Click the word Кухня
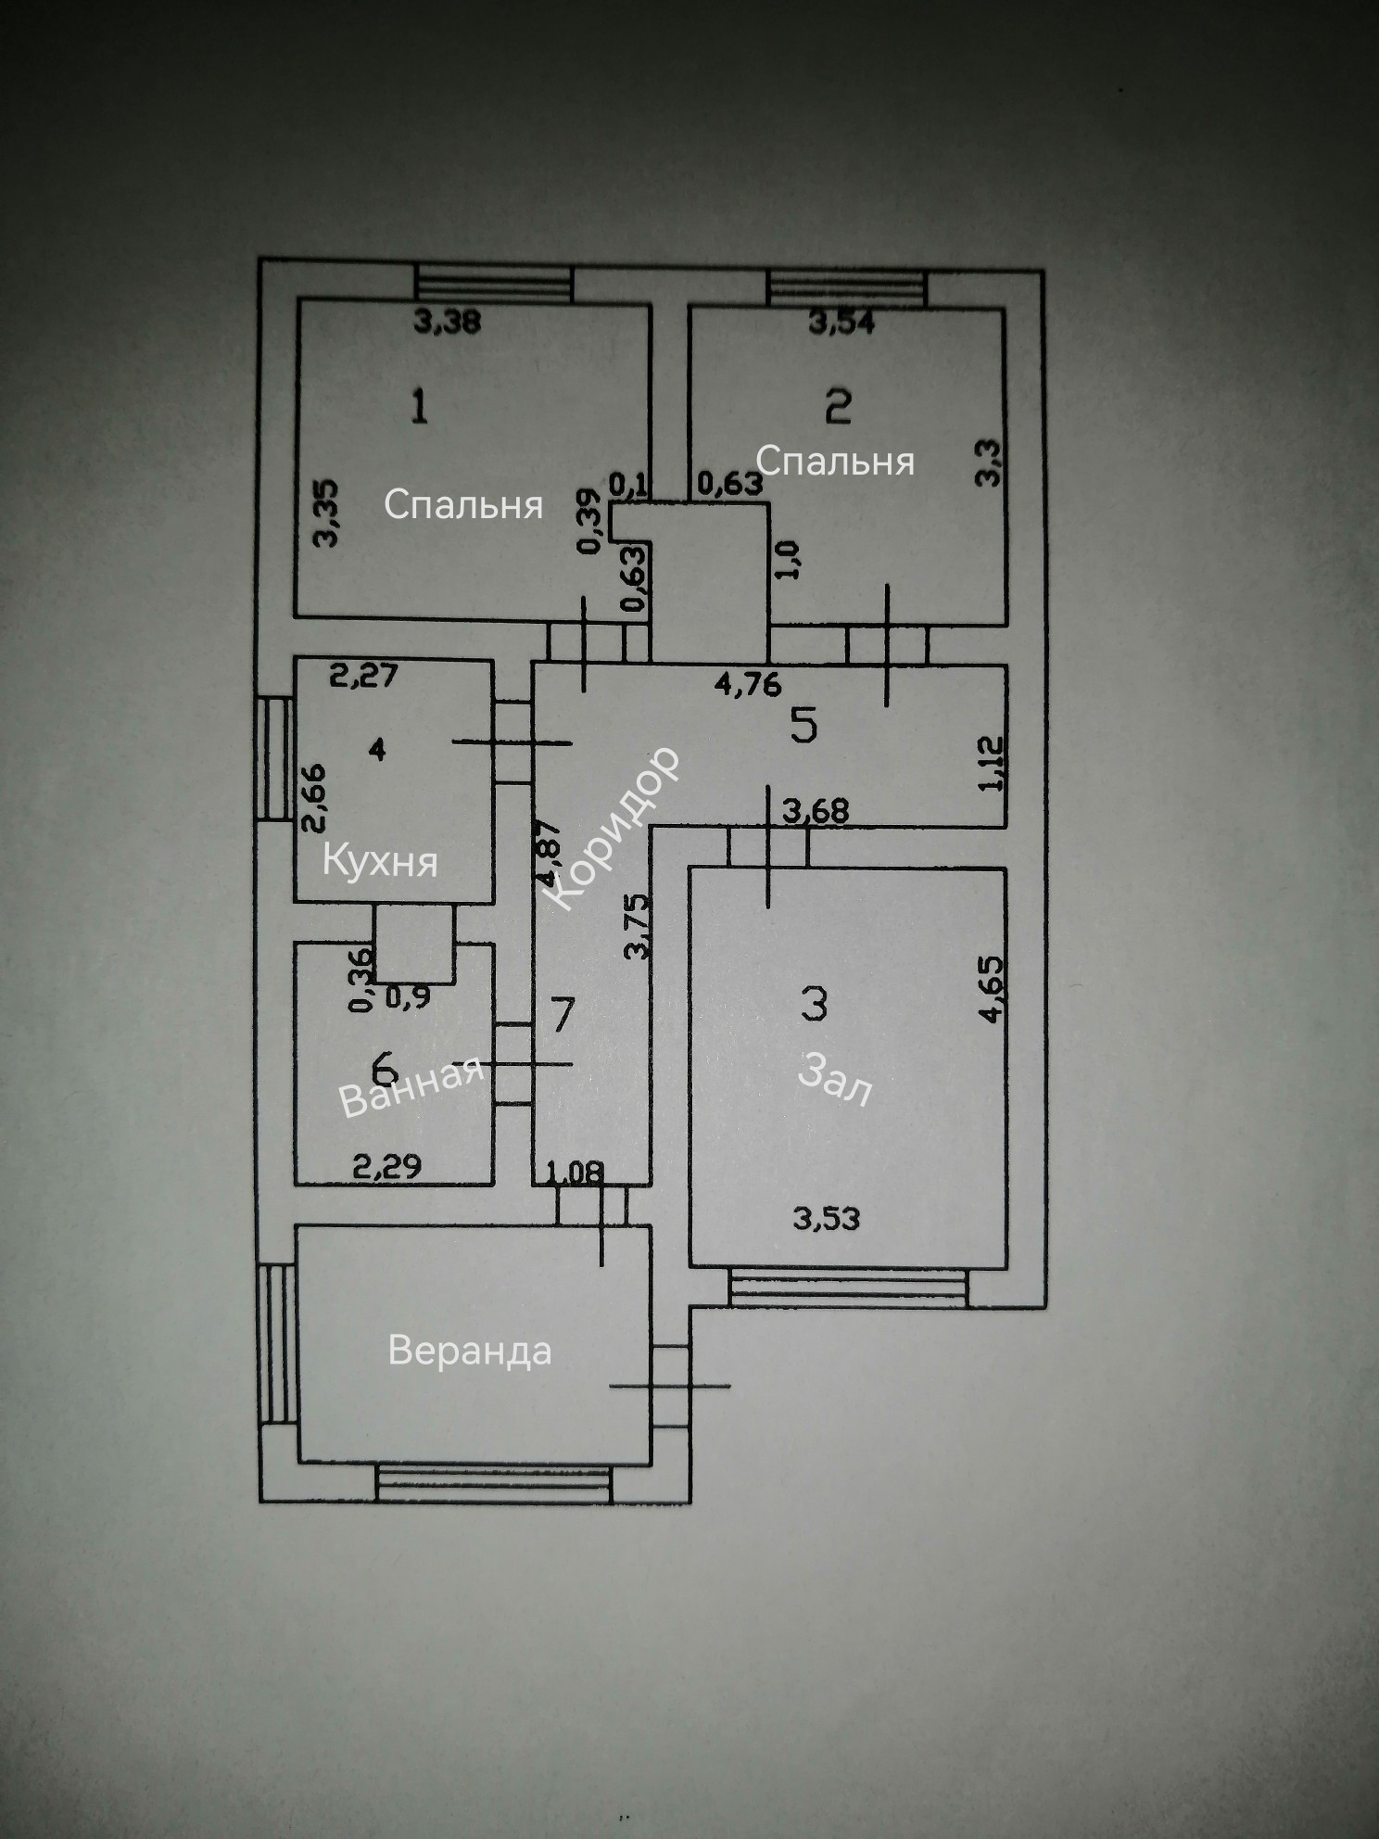tap(380, 862)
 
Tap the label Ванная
tap(412, 1087)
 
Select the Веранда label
tap(470, 1351)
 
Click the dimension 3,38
tap(447, 322)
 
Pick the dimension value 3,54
tap(841, 323)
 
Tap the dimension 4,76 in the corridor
tap(748, 684)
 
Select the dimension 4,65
tap(990, 989)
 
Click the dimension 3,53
tap(827, 1218)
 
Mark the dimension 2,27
tap(364, 676)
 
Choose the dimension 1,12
tap(990, 763)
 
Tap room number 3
tap(814, 1002)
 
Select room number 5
tap(803, 725)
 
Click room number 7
tap(563, 1015)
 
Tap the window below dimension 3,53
tap(847, 1287)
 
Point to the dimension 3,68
tap(816, 811)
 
